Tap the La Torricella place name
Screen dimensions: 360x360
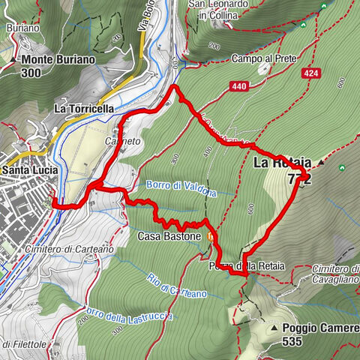coord(84,109)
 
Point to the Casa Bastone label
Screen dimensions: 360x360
coord(169,236)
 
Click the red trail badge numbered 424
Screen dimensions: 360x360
coord(311,73)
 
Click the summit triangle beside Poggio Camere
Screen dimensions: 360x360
coord(276,328)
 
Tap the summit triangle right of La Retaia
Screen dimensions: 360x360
coord(321,162)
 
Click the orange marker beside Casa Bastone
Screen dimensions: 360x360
coord(211,237)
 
